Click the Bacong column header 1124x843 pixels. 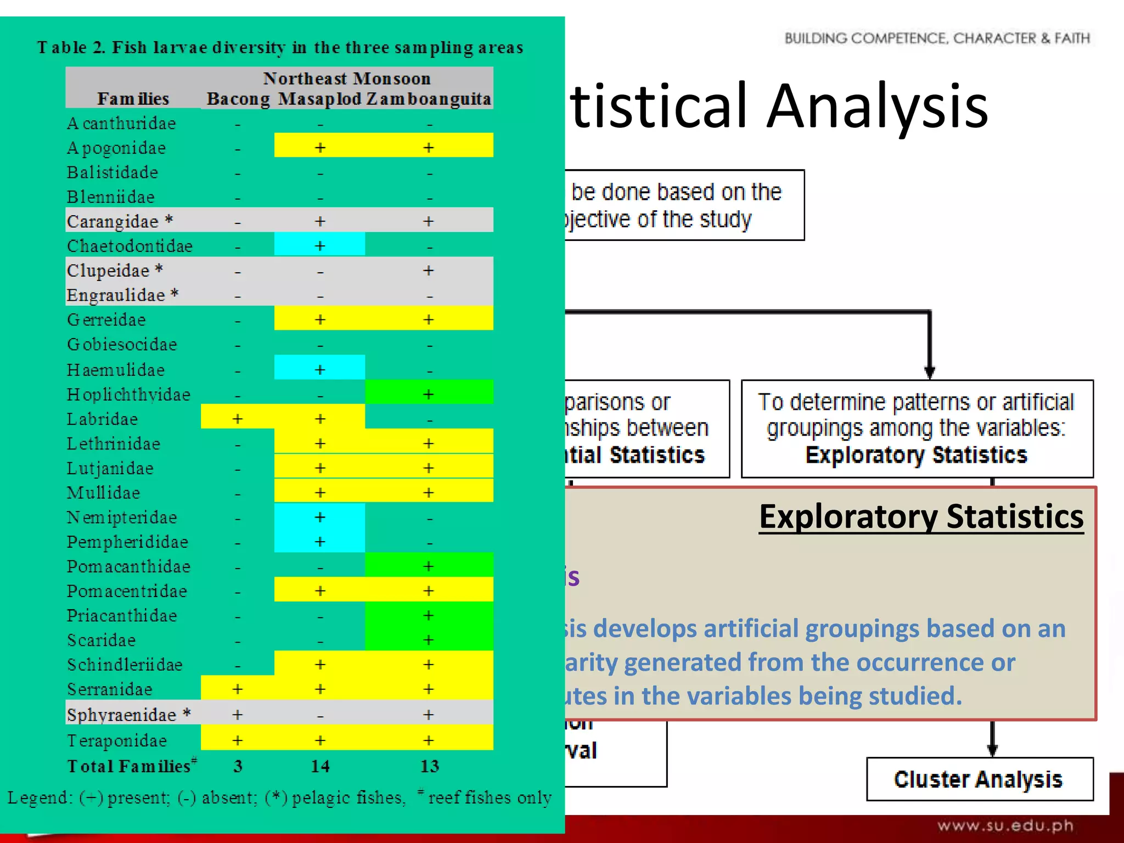(238, 99)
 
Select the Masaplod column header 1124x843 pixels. (320, 99)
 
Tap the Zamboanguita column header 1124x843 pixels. (429, 99)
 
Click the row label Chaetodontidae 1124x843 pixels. (130, 246)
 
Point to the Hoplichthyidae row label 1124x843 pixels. (128, 395)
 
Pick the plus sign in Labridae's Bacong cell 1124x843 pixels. (238, 419)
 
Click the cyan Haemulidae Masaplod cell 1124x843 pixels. (320, 370)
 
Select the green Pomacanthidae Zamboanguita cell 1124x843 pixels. (429, 566)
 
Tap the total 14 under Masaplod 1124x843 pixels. (320, 766)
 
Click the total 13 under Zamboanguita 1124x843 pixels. (429, 766)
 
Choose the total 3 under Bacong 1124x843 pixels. (238, 766)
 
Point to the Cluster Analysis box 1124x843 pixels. (979, 779)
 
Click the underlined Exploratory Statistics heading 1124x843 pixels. (921, 517)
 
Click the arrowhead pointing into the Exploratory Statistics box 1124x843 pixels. (930, 373)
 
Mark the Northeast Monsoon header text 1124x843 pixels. (347, 78)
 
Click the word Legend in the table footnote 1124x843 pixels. (40, 797)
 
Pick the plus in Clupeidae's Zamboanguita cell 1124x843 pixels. (429, 271)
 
